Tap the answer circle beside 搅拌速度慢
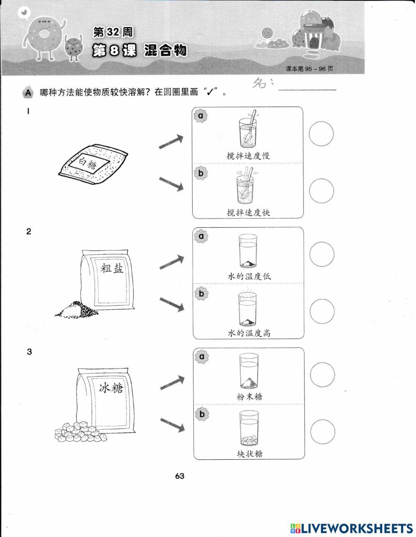[x=322, y=134]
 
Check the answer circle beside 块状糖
[x=322, y=432]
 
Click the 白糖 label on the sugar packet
[x=89, y=164]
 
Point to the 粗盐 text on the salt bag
[x=113, y=269]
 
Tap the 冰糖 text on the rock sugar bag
[x=111, y=389]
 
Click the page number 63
[x=180, y=476]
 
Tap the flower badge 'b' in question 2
[x=202, y=294]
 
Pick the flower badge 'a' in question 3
[x=202, y=357]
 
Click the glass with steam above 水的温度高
[x=248, y=309]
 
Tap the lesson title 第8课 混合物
[x=140, y=51]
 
